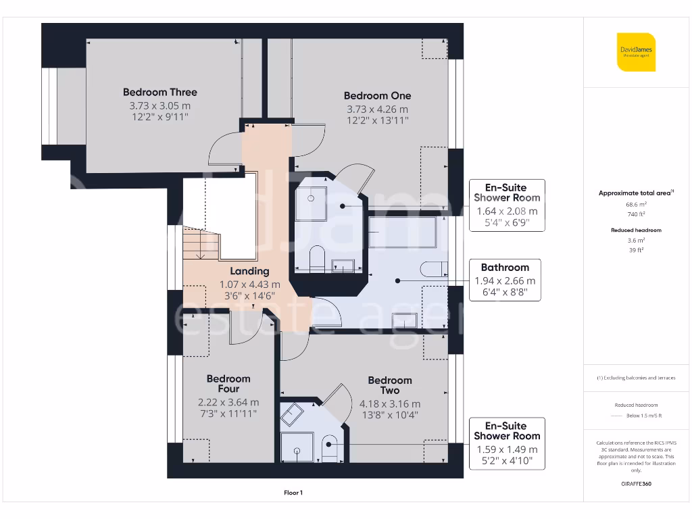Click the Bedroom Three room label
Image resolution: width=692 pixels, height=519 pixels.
[x=159, y=92]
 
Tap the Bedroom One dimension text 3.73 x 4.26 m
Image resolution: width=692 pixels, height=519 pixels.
[x=377, y=109]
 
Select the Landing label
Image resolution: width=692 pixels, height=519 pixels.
[x=249, y=271]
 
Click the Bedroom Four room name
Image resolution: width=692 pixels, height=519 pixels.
[x=228, y=384]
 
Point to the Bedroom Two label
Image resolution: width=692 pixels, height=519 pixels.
[x=390, y=385]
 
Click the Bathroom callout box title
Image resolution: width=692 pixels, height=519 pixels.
[x=505, y=268]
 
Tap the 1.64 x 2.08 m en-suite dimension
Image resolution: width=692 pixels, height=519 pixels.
[x=507, y=212]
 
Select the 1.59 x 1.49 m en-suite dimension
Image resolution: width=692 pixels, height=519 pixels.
[x=507, y=449]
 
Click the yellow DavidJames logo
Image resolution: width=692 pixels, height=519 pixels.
[x=636, y=52]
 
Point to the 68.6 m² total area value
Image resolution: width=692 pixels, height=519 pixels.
[x=636, y=204]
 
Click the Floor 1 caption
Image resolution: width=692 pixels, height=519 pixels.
[x=293, y=493]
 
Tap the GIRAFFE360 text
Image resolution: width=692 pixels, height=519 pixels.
[x=636, y=484]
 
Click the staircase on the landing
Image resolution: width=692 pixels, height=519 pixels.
[x=201, y=243]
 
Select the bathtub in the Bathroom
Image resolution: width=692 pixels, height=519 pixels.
[x=402, y=232]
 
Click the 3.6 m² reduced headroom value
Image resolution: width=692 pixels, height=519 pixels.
[x=636, y=241]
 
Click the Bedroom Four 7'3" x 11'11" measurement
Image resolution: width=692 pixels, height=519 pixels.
[x=228, y=414]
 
